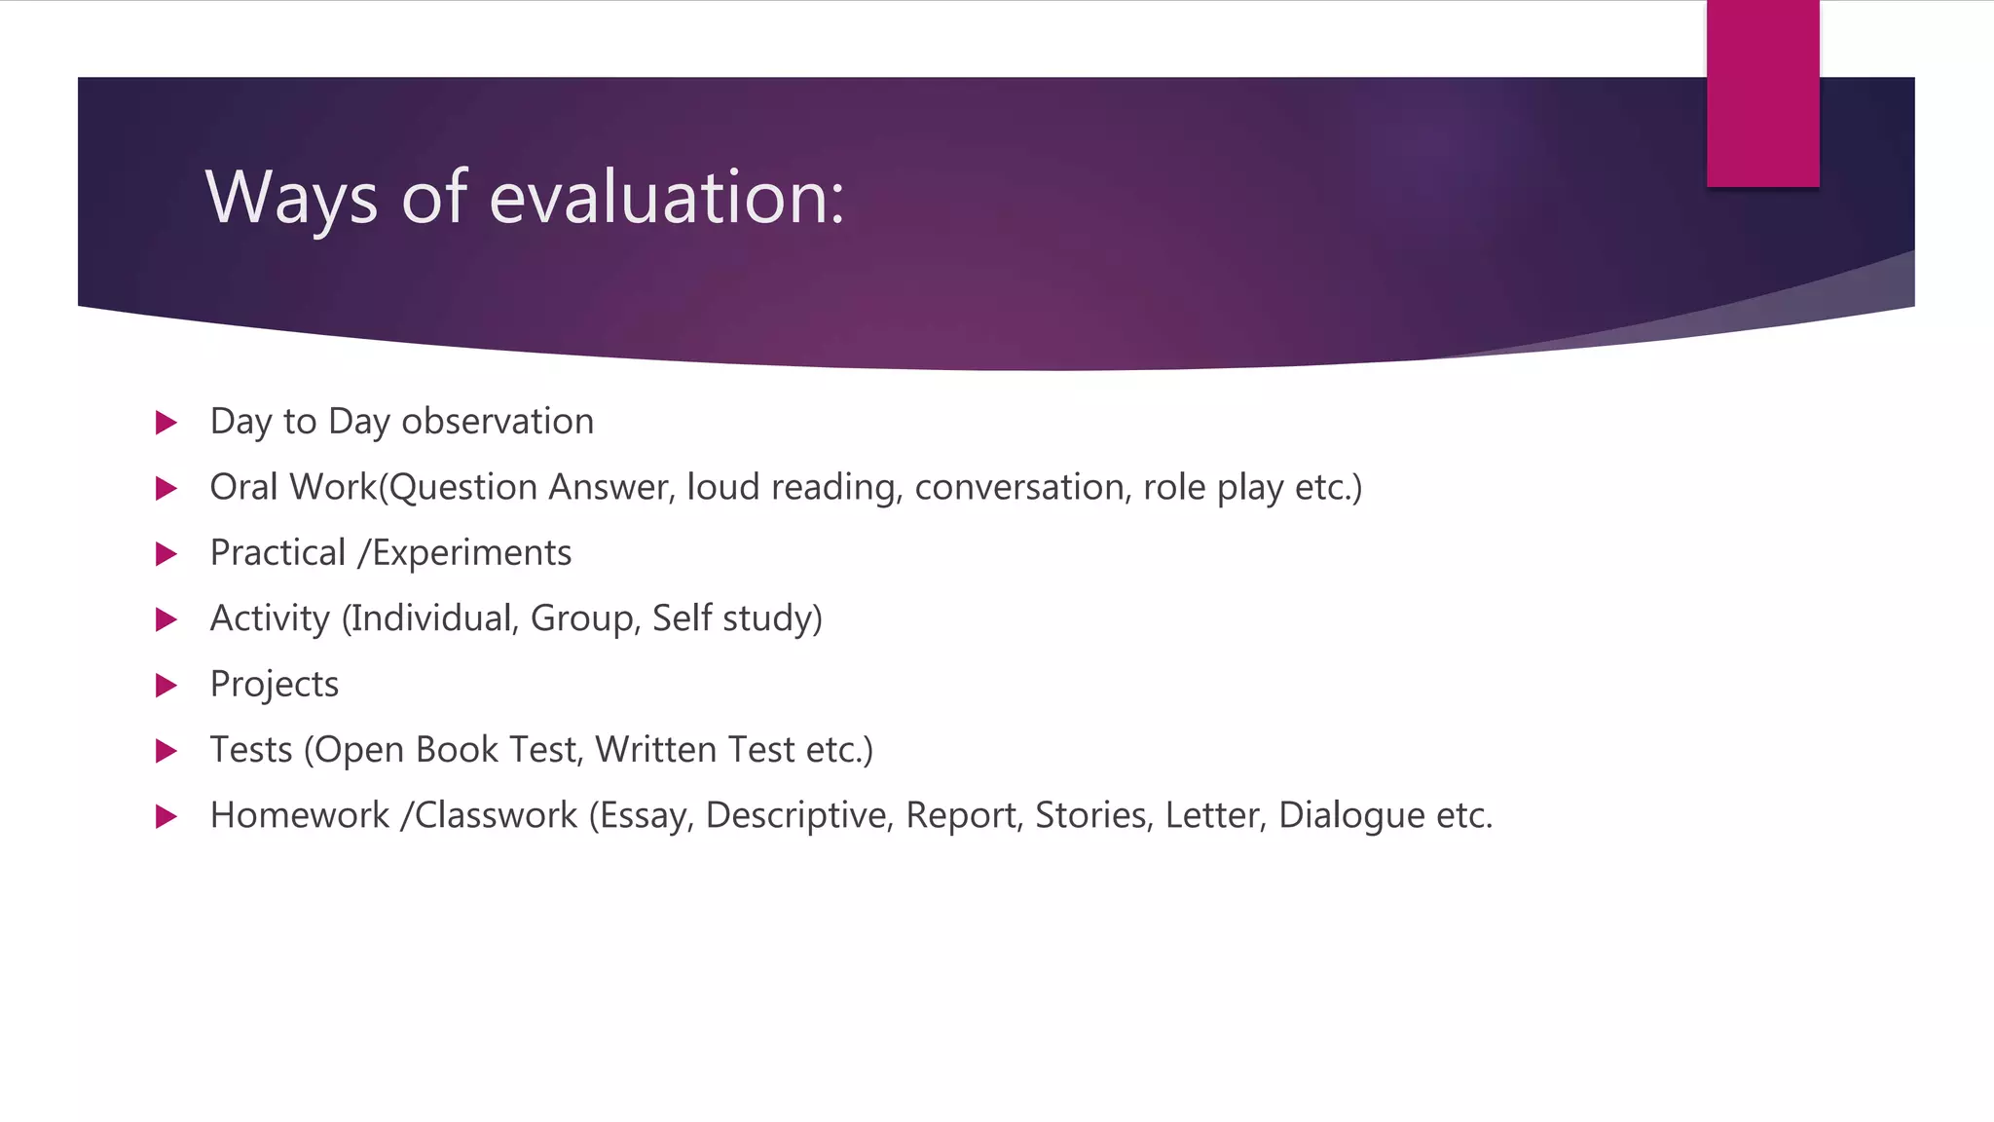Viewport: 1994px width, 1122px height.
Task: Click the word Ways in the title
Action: click(x=291, y=199)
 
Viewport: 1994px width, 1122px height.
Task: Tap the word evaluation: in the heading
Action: click(x=667, y=197)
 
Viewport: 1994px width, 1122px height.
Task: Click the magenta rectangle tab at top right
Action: click(x=1762, y=93)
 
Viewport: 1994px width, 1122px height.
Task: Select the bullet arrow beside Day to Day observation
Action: click(x=166, y=423)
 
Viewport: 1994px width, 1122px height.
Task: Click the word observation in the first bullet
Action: click(x=498, y=422)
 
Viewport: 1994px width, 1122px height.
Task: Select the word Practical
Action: click(x=277, y=553)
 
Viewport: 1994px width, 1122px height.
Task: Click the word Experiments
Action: click(x=472, y=553)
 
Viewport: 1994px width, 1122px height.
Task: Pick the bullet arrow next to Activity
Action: click(x=166, y=619)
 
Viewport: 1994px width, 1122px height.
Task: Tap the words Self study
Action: click(x=736, y=618)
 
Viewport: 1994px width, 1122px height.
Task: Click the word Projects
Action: click(x=275, y=685)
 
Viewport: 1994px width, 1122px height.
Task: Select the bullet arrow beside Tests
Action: click(x=166, y=751)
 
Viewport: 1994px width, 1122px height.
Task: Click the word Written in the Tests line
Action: click(x=656, y=750)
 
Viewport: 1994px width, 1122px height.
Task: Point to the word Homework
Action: click(x=300, y=815)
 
